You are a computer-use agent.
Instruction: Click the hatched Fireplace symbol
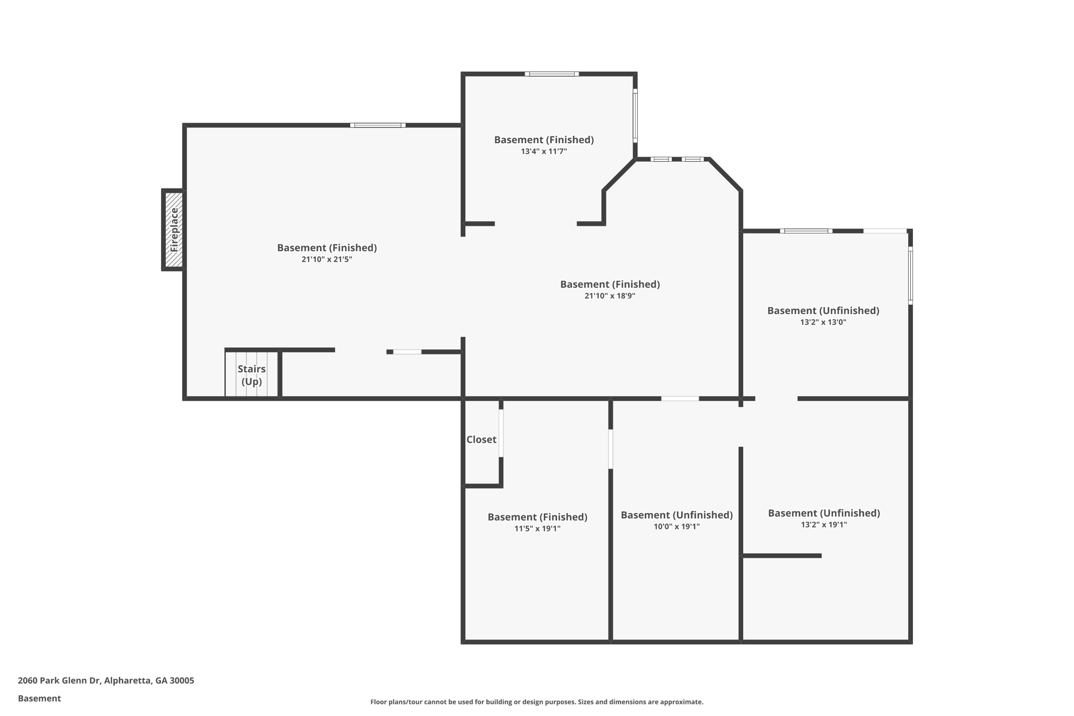point(174,230)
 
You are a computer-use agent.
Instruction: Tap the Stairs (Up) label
point(252,375)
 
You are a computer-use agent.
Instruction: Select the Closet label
point(481,440)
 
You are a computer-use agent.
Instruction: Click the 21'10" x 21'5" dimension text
point(327,259)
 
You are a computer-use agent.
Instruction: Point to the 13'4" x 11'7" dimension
point(544,152)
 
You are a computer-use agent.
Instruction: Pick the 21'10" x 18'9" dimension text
point(610,296)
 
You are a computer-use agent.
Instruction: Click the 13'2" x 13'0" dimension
point(823,322)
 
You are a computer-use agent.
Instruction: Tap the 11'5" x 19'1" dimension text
point(538,529)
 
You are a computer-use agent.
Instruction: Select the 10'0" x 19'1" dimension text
point(676,527)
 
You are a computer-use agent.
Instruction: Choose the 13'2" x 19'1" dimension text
point(824,525)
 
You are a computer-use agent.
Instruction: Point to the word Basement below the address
point(39,698)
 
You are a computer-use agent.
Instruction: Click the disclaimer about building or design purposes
point(536,702)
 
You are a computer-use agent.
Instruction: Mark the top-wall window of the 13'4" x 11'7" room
point(552,74)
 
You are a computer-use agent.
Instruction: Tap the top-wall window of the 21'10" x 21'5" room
point(378,125)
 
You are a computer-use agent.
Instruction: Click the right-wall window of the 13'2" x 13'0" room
point(910,275)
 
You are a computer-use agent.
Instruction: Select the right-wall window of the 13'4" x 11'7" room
point(635,115)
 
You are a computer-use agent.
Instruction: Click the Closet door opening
point(501,433)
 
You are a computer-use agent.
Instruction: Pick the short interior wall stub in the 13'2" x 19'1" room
point(781,555)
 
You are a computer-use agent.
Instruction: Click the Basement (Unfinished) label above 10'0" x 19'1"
point(676,515)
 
